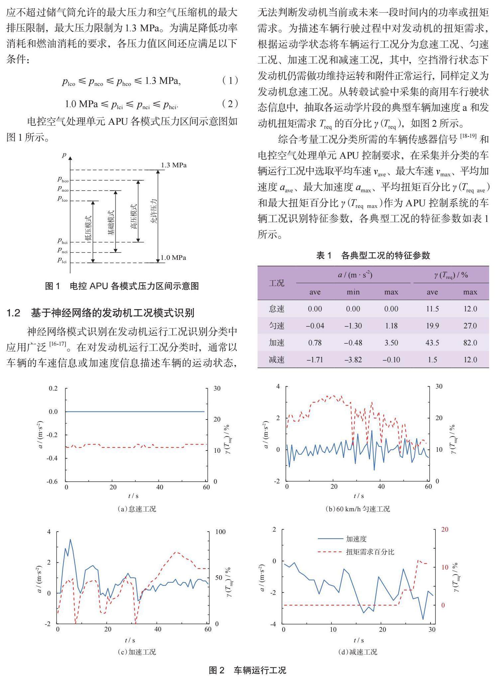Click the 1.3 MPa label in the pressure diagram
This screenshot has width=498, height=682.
[174, 165]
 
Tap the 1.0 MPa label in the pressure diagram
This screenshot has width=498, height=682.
[173, 257]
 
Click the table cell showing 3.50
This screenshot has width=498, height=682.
[391, 343]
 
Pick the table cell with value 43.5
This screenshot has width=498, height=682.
[432, 343]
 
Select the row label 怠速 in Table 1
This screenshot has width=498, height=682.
[276, 309]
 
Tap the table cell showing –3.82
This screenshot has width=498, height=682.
[353, 360]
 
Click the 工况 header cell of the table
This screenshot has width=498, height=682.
[276, 283]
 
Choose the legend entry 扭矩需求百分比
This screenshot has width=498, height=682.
[370, 552]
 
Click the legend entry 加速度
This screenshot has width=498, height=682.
[356, 539]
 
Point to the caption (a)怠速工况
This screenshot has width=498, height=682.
[137, 509]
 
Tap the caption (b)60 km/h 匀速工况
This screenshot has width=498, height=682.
[358, 509]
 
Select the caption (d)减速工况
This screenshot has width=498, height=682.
[358, 652]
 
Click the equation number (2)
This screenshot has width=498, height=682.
[230, 104]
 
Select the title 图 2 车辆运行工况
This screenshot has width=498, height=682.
[247, 670]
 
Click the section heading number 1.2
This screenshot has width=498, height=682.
[14, 313]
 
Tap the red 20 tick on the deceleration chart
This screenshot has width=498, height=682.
[444, 529]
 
